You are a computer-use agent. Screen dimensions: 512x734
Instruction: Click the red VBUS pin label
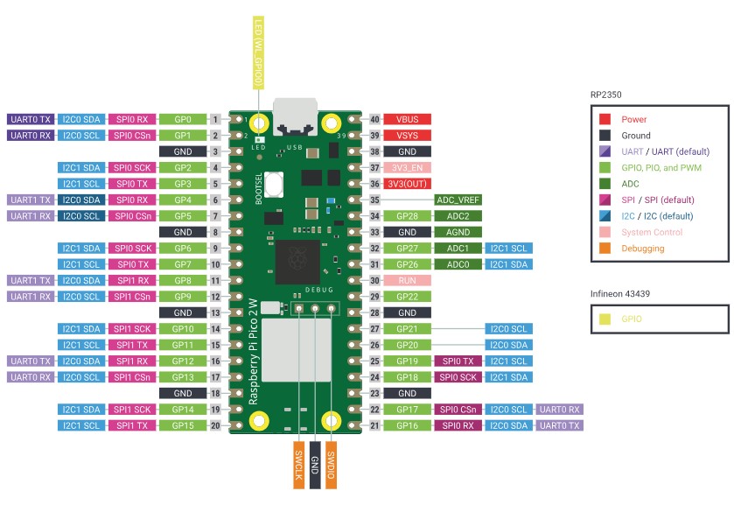point(408,119)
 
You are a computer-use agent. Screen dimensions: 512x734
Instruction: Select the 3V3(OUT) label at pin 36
point(408,184)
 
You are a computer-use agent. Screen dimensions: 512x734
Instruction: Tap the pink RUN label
point(408,281)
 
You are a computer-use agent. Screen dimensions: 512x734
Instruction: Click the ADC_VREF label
point(458,200)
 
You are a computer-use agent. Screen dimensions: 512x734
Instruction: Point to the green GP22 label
point(408,297)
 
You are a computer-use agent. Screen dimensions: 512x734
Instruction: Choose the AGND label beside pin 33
point(458,232)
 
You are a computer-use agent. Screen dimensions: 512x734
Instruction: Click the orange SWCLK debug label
point(298,464)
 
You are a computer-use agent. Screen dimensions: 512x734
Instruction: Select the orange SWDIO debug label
point(331,464)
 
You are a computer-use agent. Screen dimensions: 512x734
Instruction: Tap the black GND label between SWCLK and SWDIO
point(314,464)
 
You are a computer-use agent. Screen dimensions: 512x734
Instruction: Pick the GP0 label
point(183,119)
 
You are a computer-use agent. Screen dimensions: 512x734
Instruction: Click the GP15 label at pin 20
point(183,425)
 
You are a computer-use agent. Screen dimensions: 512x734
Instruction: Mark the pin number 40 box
point(374,119)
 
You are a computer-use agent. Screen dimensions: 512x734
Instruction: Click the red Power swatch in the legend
point(605,119)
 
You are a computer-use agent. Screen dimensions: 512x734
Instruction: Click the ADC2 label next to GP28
point(458,216)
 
